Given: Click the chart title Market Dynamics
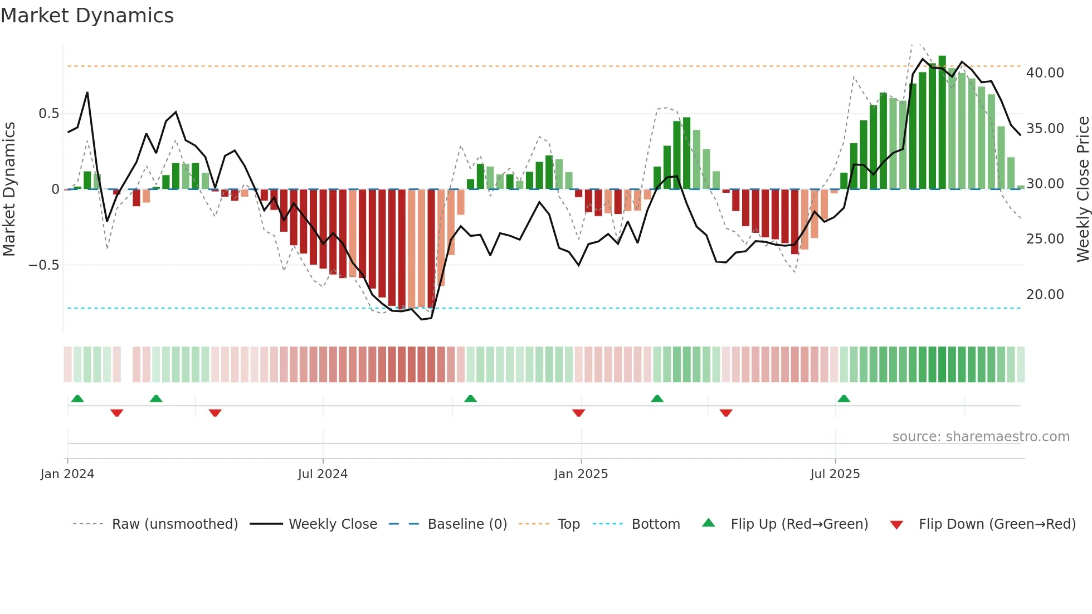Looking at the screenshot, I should click(x=87, y=16).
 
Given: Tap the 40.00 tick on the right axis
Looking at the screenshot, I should click(x=1045, y=73).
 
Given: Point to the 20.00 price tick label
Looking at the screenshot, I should click(x=1045, y=295).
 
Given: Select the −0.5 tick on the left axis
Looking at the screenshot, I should click(x=43, y=265).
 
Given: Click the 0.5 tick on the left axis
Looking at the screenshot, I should click(x=48, y=114).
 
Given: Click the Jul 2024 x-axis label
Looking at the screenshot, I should click(x=323, y=474).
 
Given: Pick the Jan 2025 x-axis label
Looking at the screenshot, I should click(x=581, y=474).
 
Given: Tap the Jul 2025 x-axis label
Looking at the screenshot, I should click(x=835, y=474).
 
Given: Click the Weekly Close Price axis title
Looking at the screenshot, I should click(x=1083, y=189).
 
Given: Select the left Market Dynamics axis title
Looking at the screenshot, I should click(x=9, y=189).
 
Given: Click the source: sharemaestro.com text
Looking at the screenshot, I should click(x=981, y=437).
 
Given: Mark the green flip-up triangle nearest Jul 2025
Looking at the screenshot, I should click(x=844, y=399).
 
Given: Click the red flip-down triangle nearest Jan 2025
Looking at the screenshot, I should click(x=578, y=412).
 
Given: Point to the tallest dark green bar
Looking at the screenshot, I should click(x=942, y=123).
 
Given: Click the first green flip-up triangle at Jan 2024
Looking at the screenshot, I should click(x=77, y=399).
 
